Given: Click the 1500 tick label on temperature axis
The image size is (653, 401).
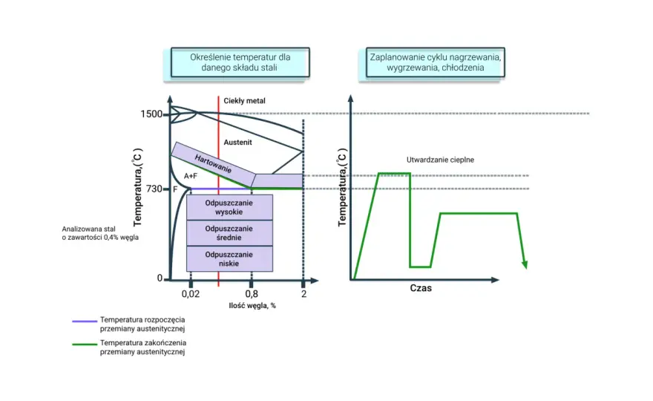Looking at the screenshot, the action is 151,114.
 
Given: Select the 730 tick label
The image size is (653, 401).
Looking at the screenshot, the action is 154,189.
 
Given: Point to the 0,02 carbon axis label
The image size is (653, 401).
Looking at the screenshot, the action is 190,294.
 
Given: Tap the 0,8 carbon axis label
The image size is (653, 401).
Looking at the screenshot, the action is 252,294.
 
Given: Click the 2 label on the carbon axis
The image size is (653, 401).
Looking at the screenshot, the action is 304,294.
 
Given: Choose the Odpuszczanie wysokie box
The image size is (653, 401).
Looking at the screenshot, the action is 229,207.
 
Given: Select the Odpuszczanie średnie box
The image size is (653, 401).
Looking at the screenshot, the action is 229,233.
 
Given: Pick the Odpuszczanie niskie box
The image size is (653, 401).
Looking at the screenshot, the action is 229,259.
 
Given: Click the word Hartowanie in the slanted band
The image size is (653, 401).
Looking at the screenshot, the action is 213,164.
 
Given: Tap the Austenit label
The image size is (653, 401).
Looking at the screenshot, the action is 237,142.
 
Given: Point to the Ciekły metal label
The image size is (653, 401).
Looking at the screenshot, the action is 244,101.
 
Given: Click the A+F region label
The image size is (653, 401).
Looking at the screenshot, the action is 191,176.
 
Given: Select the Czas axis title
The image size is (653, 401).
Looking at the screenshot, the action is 421,288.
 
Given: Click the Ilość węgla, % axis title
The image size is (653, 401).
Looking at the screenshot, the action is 252,305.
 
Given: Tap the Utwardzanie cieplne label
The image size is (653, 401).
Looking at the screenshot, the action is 440,160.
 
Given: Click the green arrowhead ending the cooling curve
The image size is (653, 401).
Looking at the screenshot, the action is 525,264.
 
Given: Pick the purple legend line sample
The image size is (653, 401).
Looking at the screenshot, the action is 85,322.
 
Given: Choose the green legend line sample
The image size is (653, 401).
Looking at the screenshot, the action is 85,345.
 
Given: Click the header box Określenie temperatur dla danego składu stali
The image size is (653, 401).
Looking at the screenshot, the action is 240,62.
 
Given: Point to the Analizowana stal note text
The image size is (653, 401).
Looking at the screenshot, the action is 100,233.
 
